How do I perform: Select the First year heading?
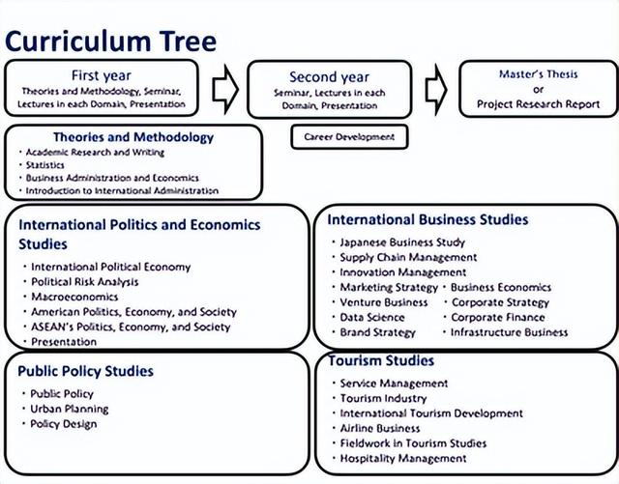[102, 75]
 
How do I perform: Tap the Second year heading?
[329, 77]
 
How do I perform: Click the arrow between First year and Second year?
[224, 89]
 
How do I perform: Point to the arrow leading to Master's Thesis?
[436, 89]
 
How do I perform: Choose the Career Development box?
[349, 137]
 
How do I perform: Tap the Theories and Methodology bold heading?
[133, 137]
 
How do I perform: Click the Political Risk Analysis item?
[85, 282]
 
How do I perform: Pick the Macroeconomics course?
[75, 297]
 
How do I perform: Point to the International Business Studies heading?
[427, 220]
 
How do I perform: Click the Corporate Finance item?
[498, 317]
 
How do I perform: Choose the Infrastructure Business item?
[509, 332]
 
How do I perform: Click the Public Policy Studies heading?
[86, 371]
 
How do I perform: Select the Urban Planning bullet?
[70, 409]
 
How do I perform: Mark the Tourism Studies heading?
[380, 361]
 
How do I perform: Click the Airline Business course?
[380, 428]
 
